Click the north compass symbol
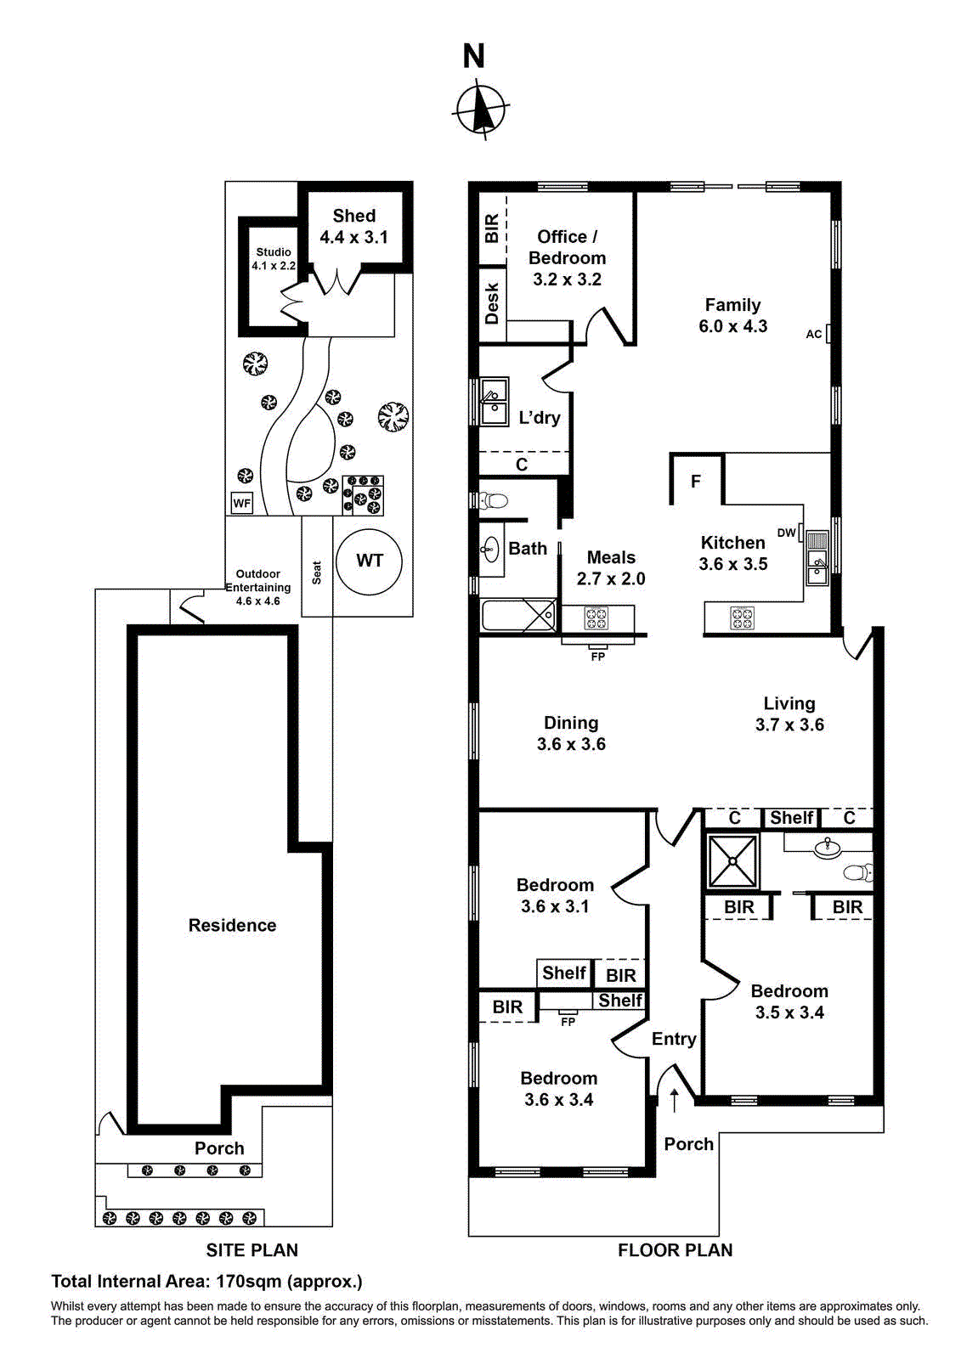(x=481, y=110)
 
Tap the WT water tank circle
(x=369, y=561)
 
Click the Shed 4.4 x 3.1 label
(x=353, y=227)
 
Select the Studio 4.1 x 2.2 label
(x=274, y=258)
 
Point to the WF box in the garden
(x=242, y=503)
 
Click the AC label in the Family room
(x=814, y=334)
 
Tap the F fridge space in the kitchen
(x=696, y=482)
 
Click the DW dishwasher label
(x=787, y=533)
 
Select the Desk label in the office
(x=492, y=304)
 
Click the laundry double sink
(x=494, y=402)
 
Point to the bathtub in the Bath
(x=519, y=615)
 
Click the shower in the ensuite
(x=733, y=860)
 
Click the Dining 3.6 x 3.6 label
(x=571, y=733)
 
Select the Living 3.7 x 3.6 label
(x=789, y=713)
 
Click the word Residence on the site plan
(x=232, y=925)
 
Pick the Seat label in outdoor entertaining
(x=317, y=572)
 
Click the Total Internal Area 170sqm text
(x=206, y=1281)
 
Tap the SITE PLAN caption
(x=252, y=1250)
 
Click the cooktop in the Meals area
(x=596, y=617)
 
